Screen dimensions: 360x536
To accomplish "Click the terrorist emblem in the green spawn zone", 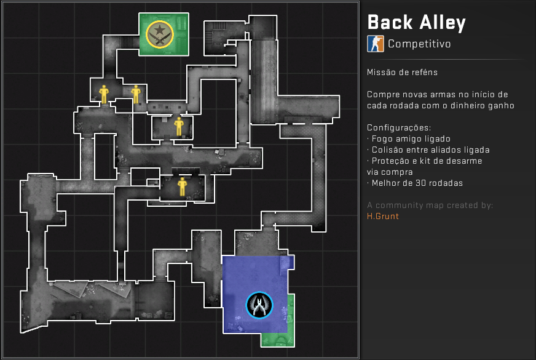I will [x=160, y=34].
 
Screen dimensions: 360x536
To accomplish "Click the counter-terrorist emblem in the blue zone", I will [x=259, y=305].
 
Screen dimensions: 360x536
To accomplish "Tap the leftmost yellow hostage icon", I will [x=103, y=94].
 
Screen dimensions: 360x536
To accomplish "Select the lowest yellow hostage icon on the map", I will [x=182, y=186].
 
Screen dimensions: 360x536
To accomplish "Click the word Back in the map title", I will [x=389, y=23].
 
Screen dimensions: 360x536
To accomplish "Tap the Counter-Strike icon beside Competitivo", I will [x=375, y=44].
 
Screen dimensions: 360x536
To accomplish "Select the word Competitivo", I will [x=419, y=44].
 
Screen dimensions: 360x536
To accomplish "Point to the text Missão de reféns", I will [x=402, y=72].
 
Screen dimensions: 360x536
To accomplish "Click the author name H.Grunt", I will [x=383, y=216].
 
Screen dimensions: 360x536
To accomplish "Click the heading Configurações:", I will [x=399, y=127].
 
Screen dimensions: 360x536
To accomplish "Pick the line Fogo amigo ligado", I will [x=410, y=138].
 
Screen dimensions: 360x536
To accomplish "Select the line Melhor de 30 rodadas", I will [x=415, y=183].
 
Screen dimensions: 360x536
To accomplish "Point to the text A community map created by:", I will [x=430, y=205].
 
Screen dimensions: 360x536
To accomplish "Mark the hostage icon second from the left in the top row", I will [x=136, y=94].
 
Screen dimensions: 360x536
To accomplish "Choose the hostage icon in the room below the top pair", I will [x=179, y=126].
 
